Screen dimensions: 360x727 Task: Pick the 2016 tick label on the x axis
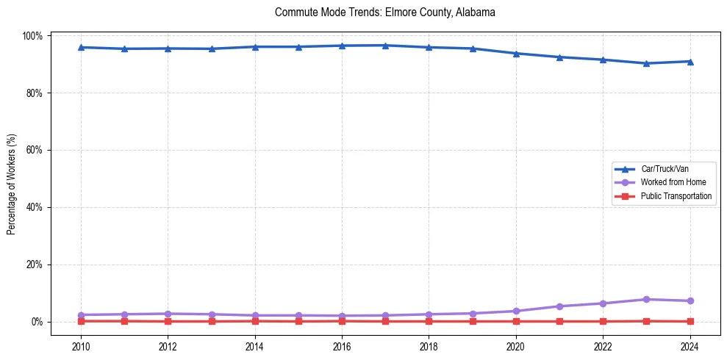pos(342,346)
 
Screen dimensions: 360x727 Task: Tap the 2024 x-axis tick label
pos(690,346)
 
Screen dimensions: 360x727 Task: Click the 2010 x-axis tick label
pos(81,346)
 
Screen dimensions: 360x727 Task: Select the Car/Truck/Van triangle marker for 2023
pos(646,63)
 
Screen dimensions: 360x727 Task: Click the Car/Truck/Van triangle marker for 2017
pos(385,46)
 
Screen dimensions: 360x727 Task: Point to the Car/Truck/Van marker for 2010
pos(81,47)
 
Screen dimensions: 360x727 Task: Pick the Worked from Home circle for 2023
pos(646,299)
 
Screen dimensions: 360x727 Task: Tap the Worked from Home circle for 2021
pos(559,306)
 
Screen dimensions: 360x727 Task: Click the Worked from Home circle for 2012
pos(168,314)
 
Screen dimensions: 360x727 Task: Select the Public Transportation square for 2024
pos(690,321)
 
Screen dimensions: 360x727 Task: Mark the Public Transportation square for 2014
pos(254,321)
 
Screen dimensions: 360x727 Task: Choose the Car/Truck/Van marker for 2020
pos(516,54)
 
